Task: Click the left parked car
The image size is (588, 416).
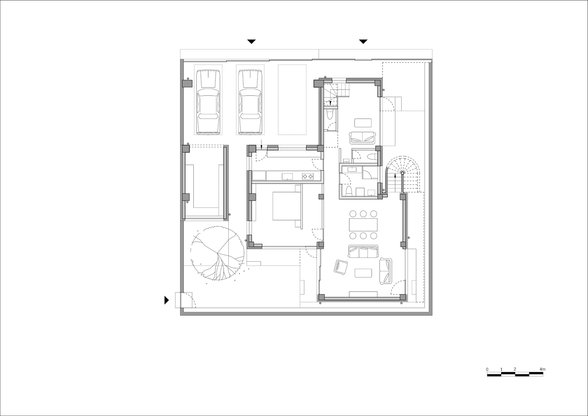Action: pyautogui.click(x=208, y=102)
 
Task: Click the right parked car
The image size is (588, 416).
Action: pyautogui.click(x=250, y=102)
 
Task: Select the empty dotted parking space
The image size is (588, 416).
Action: pyautogui.click(x=292, y=100)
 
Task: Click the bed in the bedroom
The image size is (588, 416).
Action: pyautogui.click(x=287, y=206)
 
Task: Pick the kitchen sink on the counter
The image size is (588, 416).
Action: pyautogui.click(x=287, y=176)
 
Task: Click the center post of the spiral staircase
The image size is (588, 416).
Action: pyautogui.click(x=403, y=173)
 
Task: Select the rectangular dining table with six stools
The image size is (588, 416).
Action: pyautogui.click(x=363, y=225)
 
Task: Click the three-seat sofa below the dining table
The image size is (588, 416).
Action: pyautogui.click(x=363, y=251)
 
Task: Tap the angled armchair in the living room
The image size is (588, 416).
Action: pyautogui.click(x=341, y=267)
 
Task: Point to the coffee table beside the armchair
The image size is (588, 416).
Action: pyautogui.click(x=363, y=273)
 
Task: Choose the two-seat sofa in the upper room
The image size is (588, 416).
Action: pyautogui.click(x=363, y=138)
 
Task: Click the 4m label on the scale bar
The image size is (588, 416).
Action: pyautogui.click(x=542, y=369)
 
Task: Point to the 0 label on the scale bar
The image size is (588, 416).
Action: pyautogui.click(x=487, y=369)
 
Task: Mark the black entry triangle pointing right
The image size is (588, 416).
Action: pyautogui.click(x=167, y=300)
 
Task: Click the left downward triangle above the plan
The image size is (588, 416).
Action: pyautogui.click(x=252, y=42)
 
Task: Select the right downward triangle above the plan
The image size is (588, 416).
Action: pyautogui.click(x=363, y=42)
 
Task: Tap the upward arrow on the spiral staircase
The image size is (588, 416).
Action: pyautogui.click(x=395, y=183)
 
